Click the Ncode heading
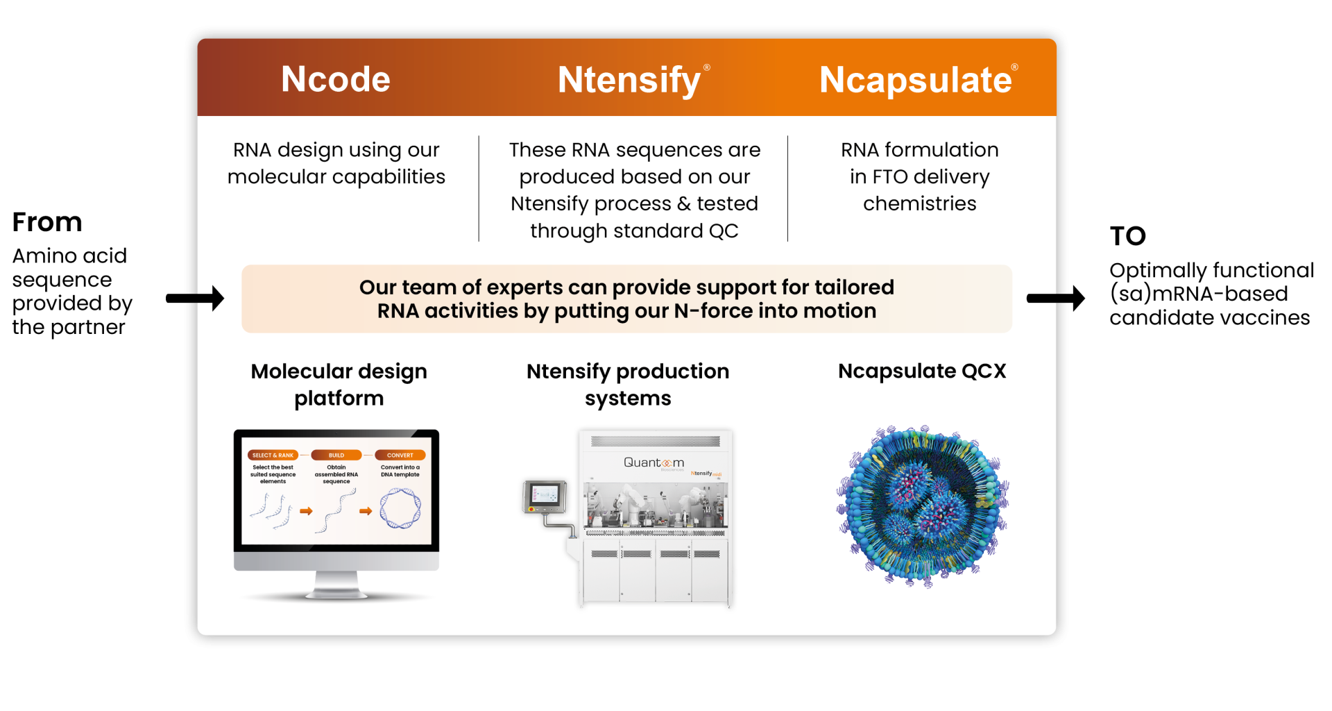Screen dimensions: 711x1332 coord(336,79)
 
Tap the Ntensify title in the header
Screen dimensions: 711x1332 coord(629,80)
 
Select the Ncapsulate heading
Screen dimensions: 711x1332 coord(914,80)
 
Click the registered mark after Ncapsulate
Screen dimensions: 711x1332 coord(1014,67)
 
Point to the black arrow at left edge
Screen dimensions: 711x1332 coord(212,299)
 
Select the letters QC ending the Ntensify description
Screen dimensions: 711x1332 coord(723,231)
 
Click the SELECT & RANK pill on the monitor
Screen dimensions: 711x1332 coord(273,455)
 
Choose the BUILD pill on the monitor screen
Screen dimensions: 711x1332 coord(336,455)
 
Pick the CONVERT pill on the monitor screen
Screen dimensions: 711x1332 coord(400,455)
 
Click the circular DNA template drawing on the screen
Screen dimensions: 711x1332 coord(400,509)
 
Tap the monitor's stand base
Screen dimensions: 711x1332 coord(336,593)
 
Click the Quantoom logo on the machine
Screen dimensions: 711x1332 coord(654,462)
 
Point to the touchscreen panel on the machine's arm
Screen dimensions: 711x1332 coord(545,495)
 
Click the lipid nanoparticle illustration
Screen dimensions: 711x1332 coord(922,507)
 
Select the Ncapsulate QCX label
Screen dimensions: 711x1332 coord(921,371)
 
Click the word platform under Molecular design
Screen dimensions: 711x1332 coord(339,399)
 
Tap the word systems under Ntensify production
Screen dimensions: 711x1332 coord(628,399)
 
